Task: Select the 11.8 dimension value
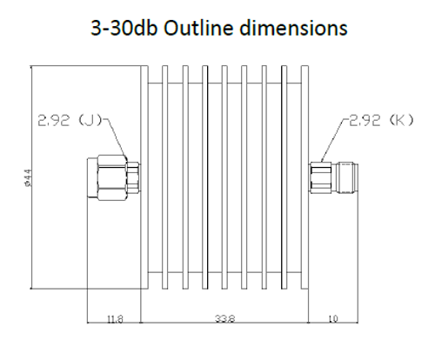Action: (x=115, y=320)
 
